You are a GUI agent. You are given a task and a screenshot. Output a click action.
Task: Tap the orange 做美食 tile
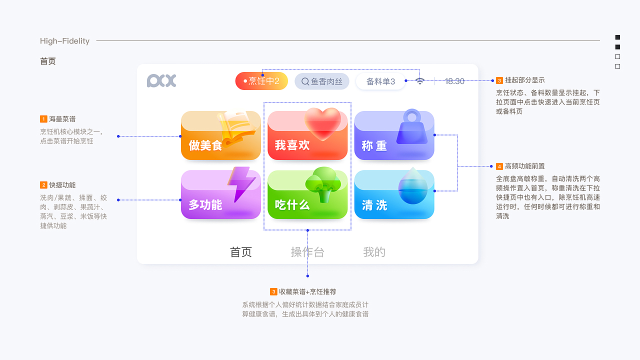(220, 136)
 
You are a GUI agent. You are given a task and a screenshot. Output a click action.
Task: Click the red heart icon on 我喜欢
(323, 123)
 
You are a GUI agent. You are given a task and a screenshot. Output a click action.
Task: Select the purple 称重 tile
(394, 136)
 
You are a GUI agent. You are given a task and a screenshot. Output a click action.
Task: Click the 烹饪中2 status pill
(261, 81)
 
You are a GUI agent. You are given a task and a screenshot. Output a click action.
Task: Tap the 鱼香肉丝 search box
(321, 81)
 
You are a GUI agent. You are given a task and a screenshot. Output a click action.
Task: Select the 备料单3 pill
(380, 81)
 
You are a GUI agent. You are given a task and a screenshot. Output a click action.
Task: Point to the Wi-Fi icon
(420, 81)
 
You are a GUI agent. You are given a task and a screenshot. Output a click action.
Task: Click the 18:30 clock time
(454, 81)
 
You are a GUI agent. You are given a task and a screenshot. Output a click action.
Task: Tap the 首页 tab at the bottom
(240, 252)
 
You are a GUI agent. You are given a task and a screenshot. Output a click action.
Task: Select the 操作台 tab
(307, 252)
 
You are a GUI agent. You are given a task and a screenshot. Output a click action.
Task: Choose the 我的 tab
(374, 252)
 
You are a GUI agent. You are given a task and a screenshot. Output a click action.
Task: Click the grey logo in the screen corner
(161, 81)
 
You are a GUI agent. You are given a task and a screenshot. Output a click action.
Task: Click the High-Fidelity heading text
(64, 41)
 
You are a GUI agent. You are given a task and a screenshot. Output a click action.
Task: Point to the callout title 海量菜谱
(62, 119)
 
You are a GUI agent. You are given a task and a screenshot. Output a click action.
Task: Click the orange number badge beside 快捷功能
(43, 185)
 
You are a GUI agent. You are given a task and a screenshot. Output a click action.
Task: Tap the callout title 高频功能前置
(525, 166)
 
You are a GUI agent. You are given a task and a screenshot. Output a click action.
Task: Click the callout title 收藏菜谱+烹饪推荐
(307, 291)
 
